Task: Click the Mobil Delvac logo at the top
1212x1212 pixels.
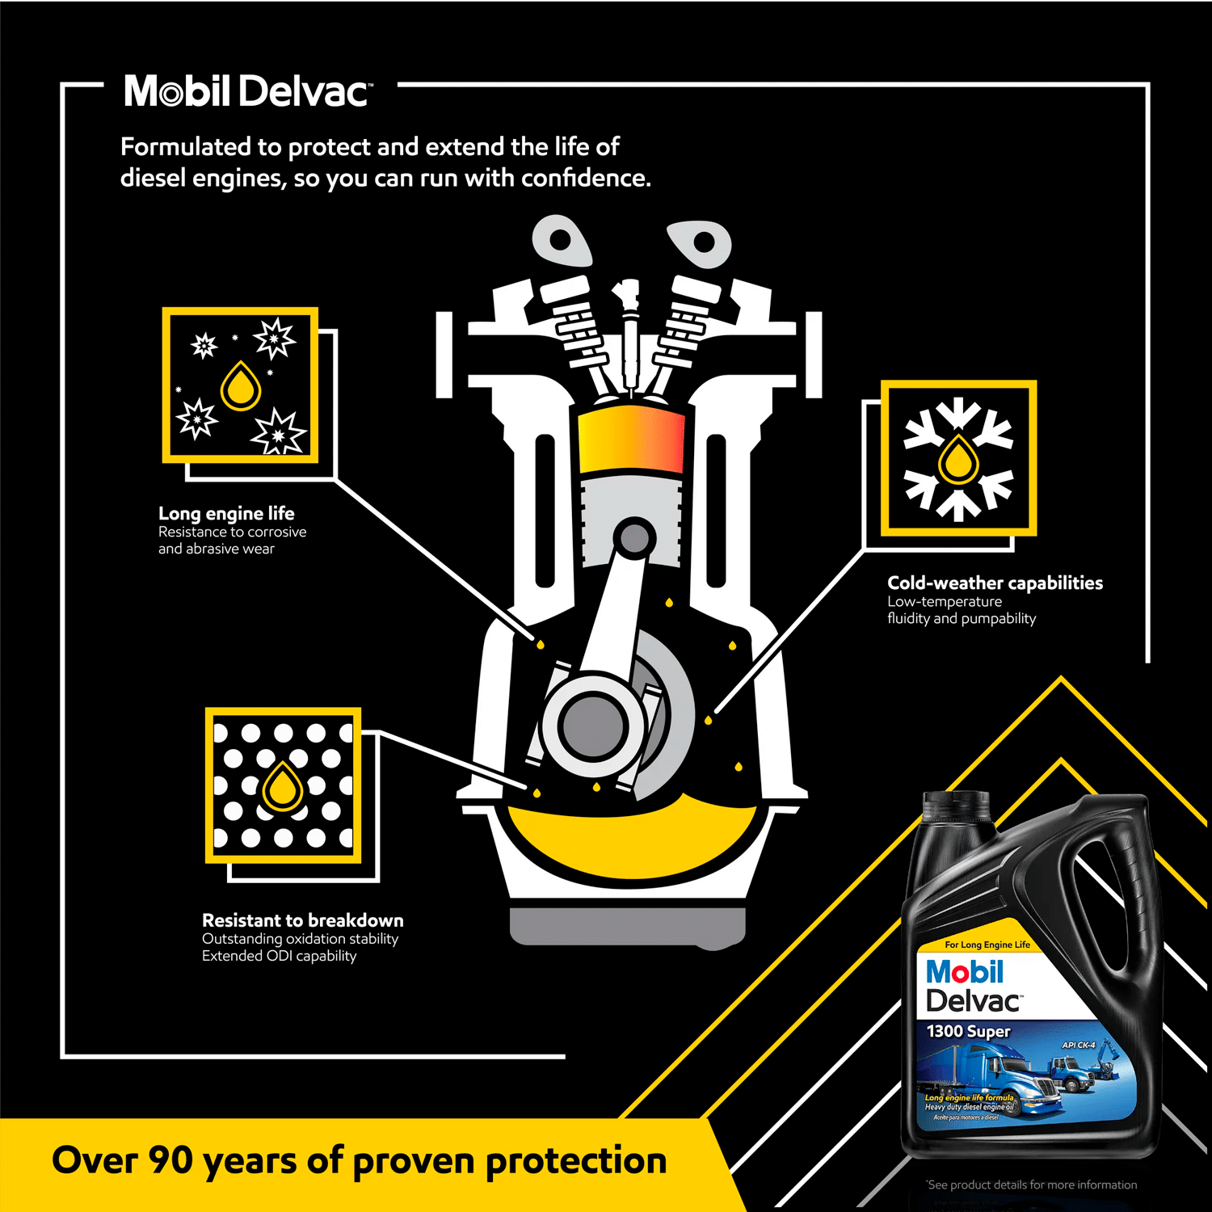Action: click(x=247, y=91)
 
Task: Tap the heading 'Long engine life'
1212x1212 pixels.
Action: click(x=226, y=513)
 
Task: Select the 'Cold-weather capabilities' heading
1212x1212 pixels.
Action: click(x=995, y=583)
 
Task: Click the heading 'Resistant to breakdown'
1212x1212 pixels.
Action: click(x=302, y=920)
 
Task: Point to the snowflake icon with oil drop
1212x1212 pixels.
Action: click(x=958, y=458)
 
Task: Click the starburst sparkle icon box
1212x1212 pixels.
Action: click(x=240, y=385)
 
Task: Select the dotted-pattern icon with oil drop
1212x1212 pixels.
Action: click(x=283, y=785)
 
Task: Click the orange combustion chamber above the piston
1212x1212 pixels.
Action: click(x=631, y=440)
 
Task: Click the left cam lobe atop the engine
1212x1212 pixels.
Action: click(x=562, y=241)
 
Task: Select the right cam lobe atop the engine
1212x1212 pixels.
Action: click(x=701, y=242)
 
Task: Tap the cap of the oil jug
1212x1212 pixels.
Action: click(x=956, y=805)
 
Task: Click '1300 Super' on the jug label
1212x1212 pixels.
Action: click(x=968, y=1032)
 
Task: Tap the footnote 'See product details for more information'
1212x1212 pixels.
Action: click(x=1032, y=1185)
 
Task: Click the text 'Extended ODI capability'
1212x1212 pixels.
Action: click(x=279, y=956)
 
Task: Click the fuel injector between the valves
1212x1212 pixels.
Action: click(x=626, y=331)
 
